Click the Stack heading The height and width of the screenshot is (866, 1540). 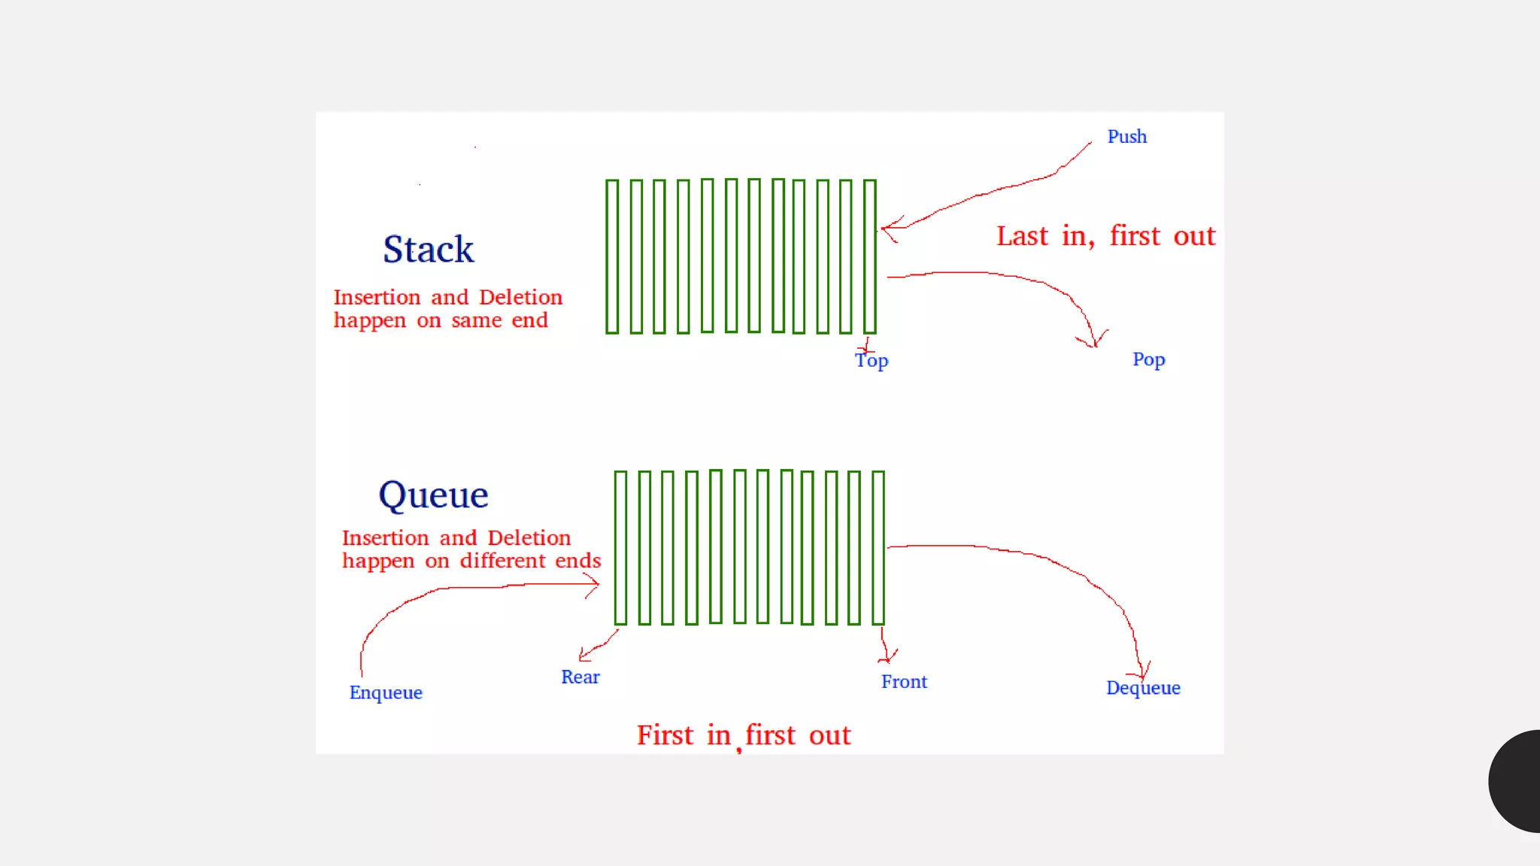(x=429, y=250)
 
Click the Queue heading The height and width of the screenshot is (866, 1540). (x=433, y=495)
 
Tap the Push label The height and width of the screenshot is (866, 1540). (x=1126, y=137)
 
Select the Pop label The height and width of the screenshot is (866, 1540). (x=1148, y=359)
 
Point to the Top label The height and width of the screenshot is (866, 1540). (x=872, y=361)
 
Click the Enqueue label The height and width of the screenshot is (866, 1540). (x=386, y=692)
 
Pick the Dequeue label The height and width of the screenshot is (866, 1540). (x=1143, y=688)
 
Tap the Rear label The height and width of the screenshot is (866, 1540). (x=580, y=677)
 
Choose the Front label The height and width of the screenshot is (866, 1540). (x=904, y=682)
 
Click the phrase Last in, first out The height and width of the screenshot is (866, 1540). (x=1105, y=236)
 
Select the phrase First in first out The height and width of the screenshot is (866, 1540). (x=744, y=735)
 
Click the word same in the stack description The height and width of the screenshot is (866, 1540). (x=476, y=321)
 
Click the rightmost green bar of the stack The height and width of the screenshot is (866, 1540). (x=870, y=256)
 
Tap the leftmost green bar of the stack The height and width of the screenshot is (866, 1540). (x=612, y=256)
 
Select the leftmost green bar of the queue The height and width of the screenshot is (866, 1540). (x=620, y=548)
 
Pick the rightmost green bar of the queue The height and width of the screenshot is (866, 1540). (x=878, y=548)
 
